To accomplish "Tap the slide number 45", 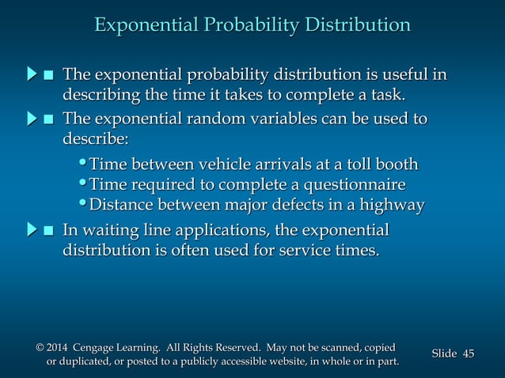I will [467, 353].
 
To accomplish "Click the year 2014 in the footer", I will [59, 347].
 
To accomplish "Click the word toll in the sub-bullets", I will [344, 164].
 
